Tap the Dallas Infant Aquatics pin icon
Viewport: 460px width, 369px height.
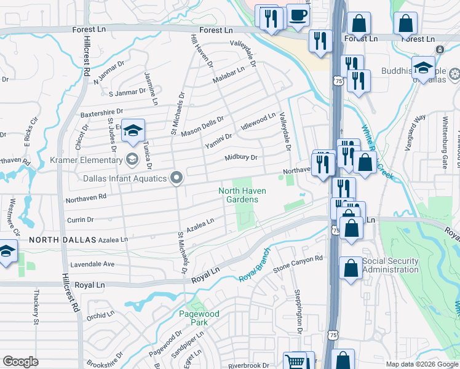tap(176, 178)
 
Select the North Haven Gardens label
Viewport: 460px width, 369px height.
tap(243, 195)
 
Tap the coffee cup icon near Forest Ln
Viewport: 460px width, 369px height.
tap(298, 15)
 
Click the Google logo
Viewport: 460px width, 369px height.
tap(20, 362)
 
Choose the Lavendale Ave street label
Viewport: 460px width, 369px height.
tap(92, 264)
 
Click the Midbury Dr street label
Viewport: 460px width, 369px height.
tap(240, 158)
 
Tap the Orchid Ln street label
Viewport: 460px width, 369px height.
tap(101, 315)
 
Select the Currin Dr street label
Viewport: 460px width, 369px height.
tap(80, 219)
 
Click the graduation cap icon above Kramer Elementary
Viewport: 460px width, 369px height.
tap(132, 130)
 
